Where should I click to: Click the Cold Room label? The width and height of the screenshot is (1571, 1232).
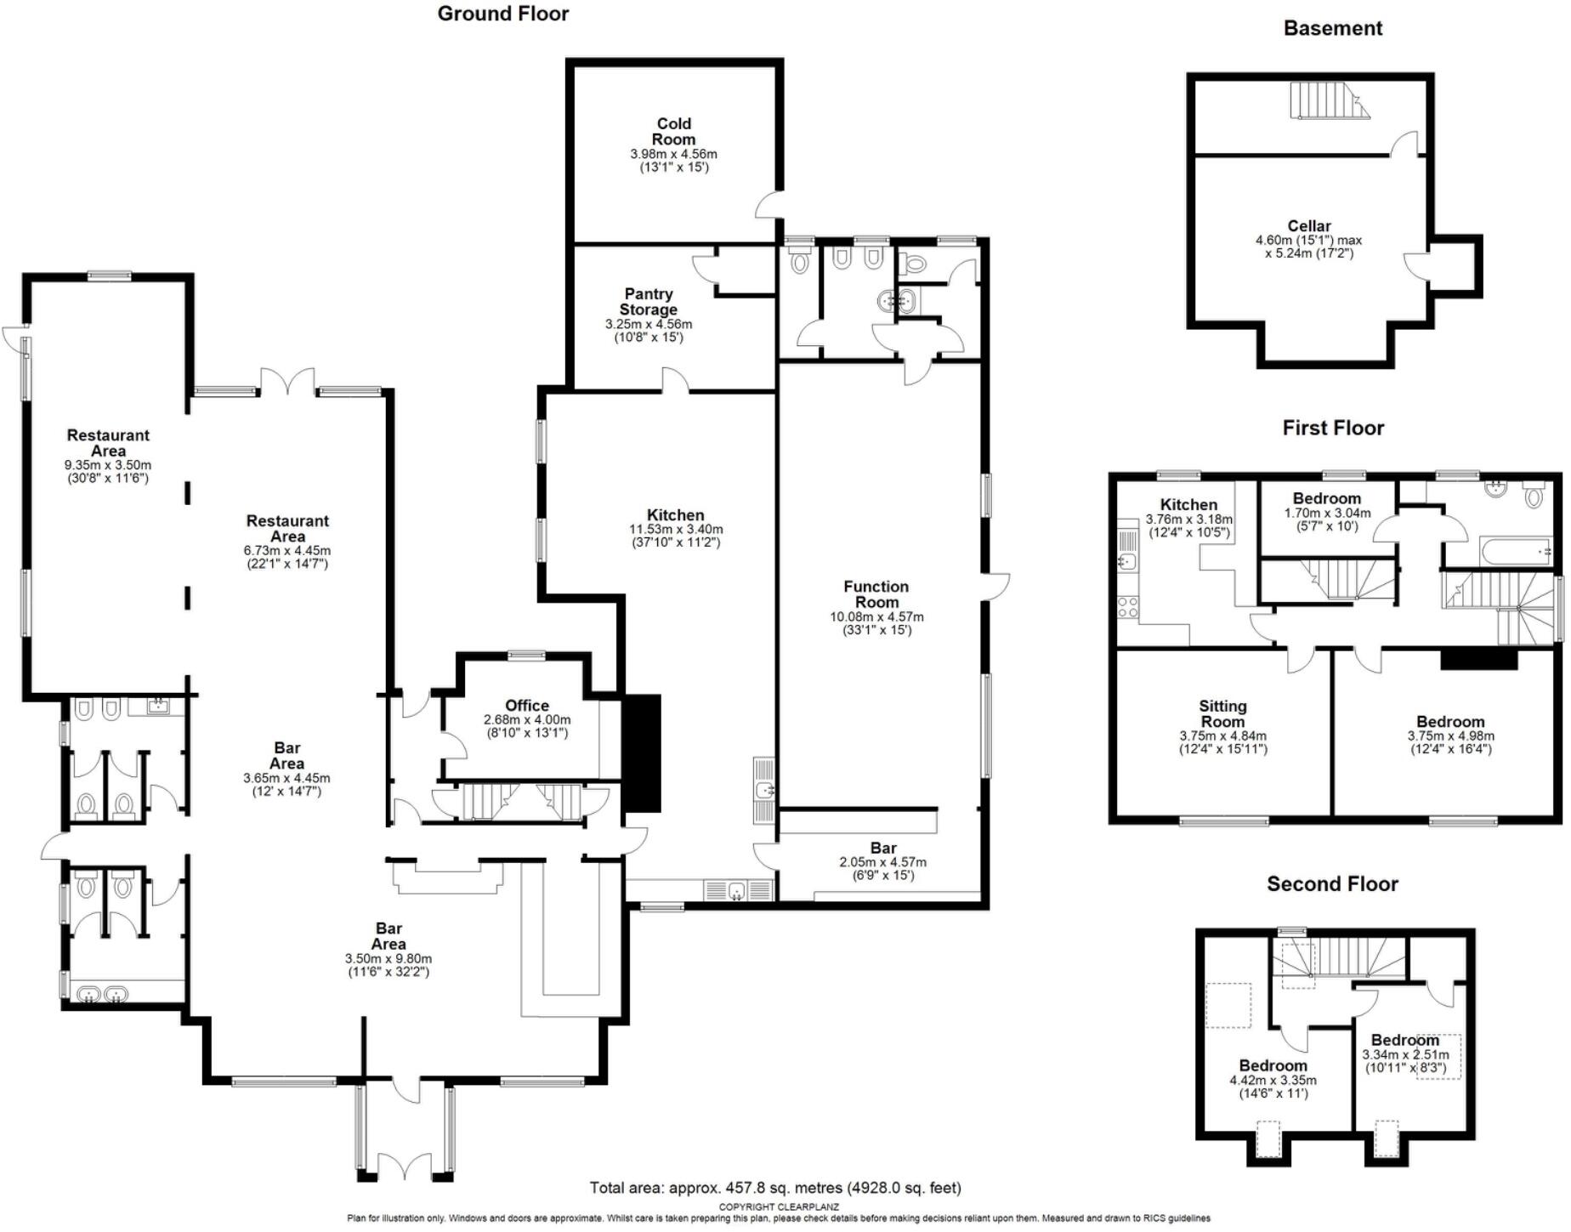tap(673, 132)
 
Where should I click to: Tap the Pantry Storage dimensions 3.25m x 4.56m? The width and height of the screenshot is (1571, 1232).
tap(648, 324)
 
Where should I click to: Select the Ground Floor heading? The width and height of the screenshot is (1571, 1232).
tap(502, 14)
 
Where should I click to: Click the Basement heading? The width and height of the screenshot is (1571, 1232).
tap(1332, 28)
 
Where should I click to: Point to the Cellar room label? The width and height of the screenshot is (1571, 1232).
tap(1308, 226)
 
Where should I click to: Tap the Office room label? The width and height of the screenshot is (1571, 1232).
tap(526, 705)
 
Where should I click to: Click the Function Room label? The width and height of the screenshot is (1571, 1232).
tap(876, 593)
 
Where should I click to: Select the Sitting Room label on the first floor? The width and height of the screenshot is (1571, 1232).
tap(1222, 713)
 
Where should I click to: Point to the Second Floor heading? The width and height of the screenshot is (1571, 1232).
tap(1331, 884)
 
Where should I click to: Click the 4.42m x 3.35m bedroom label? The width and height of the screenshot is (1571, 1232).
tap(1272, 1066)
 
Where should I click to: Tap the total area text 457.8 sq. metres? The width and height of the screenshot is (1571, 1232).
tap(774, 1188)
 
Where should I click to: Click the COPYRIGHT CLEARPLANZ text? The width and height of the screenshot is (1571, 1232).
tap(778, 1206)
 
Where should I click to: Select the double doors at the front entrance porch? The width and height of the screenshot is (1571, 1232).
tap(405, 1167)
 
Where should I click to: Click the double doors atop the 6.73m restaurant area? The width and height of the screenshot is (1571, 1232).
tap(287, 382)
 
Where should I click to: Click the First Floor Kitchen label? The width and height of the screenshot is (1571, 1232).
tap(1188, 504)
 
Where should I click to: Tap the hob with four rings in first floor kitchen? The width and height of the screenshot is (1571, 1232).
tap(1128, 606)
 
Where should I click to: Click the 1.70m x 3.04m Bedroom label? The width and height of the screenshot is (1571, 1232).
tap(1326, 498)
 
